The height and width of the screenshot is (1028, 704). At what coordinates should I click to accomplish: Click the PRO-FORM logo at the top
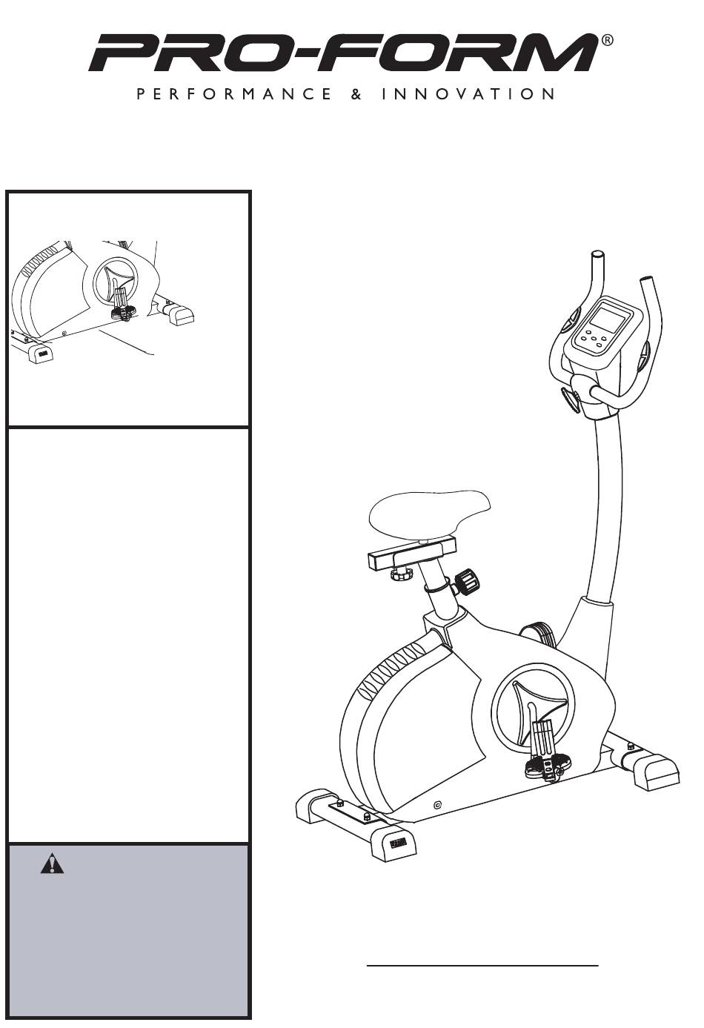tap(344, 53)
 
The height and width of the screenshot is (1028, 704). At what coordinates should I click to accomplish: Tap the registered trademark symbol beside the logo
tap(607, 40)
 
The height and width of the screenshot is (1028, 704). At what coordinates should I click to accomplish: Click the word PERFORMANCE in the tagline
tap(233, 94)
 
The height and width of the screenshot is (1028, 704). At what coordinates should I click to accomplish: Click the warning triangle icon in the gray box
tap(52, 863)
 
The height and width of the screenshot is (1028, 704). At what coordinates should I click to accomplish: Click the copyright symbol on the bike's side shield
tap(437, 804)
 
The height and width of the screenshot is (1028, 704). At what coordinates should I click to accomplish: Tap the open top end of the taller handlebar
tap(598, 253)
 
